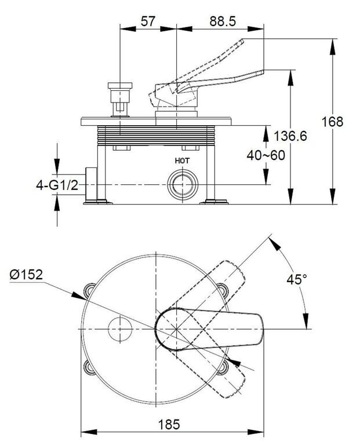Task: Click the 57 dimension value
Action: click(x=148, y=21)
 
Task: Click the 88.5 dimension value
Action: click(x=223, y=21)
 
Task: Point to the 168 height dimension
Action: click(x=332, y=122)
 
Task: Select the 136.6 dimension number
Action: click(x=290, y=136)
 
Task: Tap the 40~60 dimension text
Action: click(x=266, y=155)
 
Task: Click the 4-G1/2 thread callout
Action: click(x=57, y=185)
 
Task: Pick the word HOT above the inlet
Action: click(x=182, y=161)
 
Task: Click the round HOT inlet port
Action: click(x=182, y=185)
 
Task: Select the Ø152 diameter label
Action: click(x=26, y=275)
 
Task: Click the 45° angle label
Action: click(x=297, y=279)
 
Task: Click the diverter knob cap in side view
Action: click(x=120, y=85)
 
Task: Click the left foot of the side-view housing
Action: click(x=98, y=202)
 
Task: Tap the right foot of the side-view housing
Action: click(x=214, y=202)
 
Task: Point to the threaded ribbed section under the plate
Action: click(x=156, y=136)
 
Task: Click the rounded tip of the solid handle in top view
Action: click(x=260, y=329)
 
